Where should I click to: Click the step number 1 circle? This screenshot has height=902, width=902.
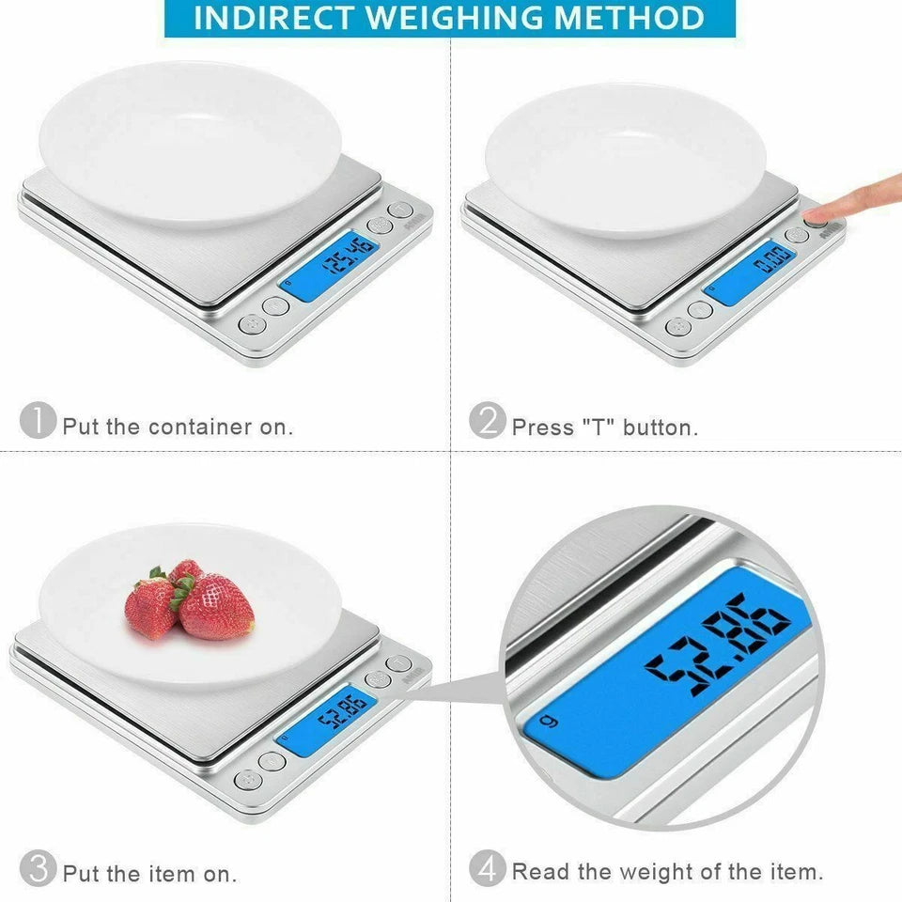38,420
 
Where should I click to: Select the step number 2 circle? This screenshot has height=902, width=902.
487,420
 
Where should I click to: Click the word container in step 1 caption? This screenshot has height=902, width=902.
200,428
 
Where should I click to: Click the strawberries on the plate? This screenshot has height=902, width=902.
190,601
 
